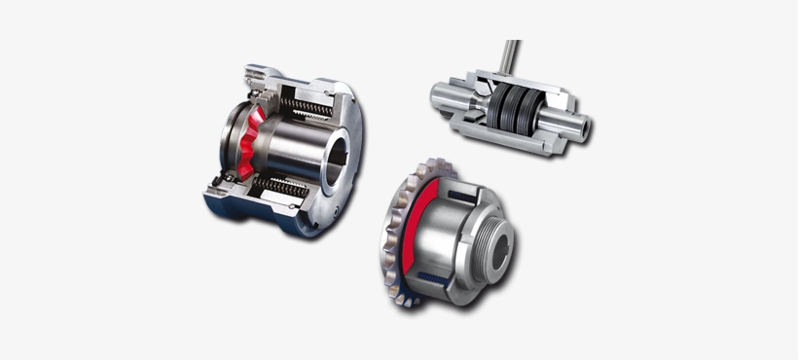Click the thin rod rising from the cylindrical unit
coord(511,60)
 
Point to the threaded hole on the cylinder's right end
coord(583,126)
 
